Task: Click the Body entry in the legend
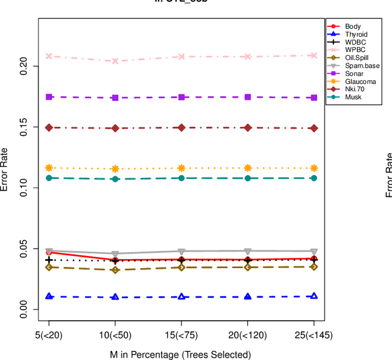pyautogui.click(x=353, y=26)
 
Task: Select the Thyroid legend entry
pyautogui.click(x=356, y=34)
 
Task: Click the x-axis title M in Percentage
pyautogui.click(x=181, y=354)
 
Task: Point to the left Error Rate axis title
pyautogui.click(x=6, y=170)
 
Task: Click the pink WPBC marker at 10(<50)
pyautogui.click(x=115, y=61)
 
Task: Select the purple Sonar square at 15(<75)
pyautogui.click(x=181, y=97)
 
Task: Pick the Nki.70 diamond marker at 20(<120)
pyautogui.click(x=247, y=127)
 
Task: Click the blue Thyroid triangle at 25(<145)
pyautogui.click(x=314, y=296)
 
